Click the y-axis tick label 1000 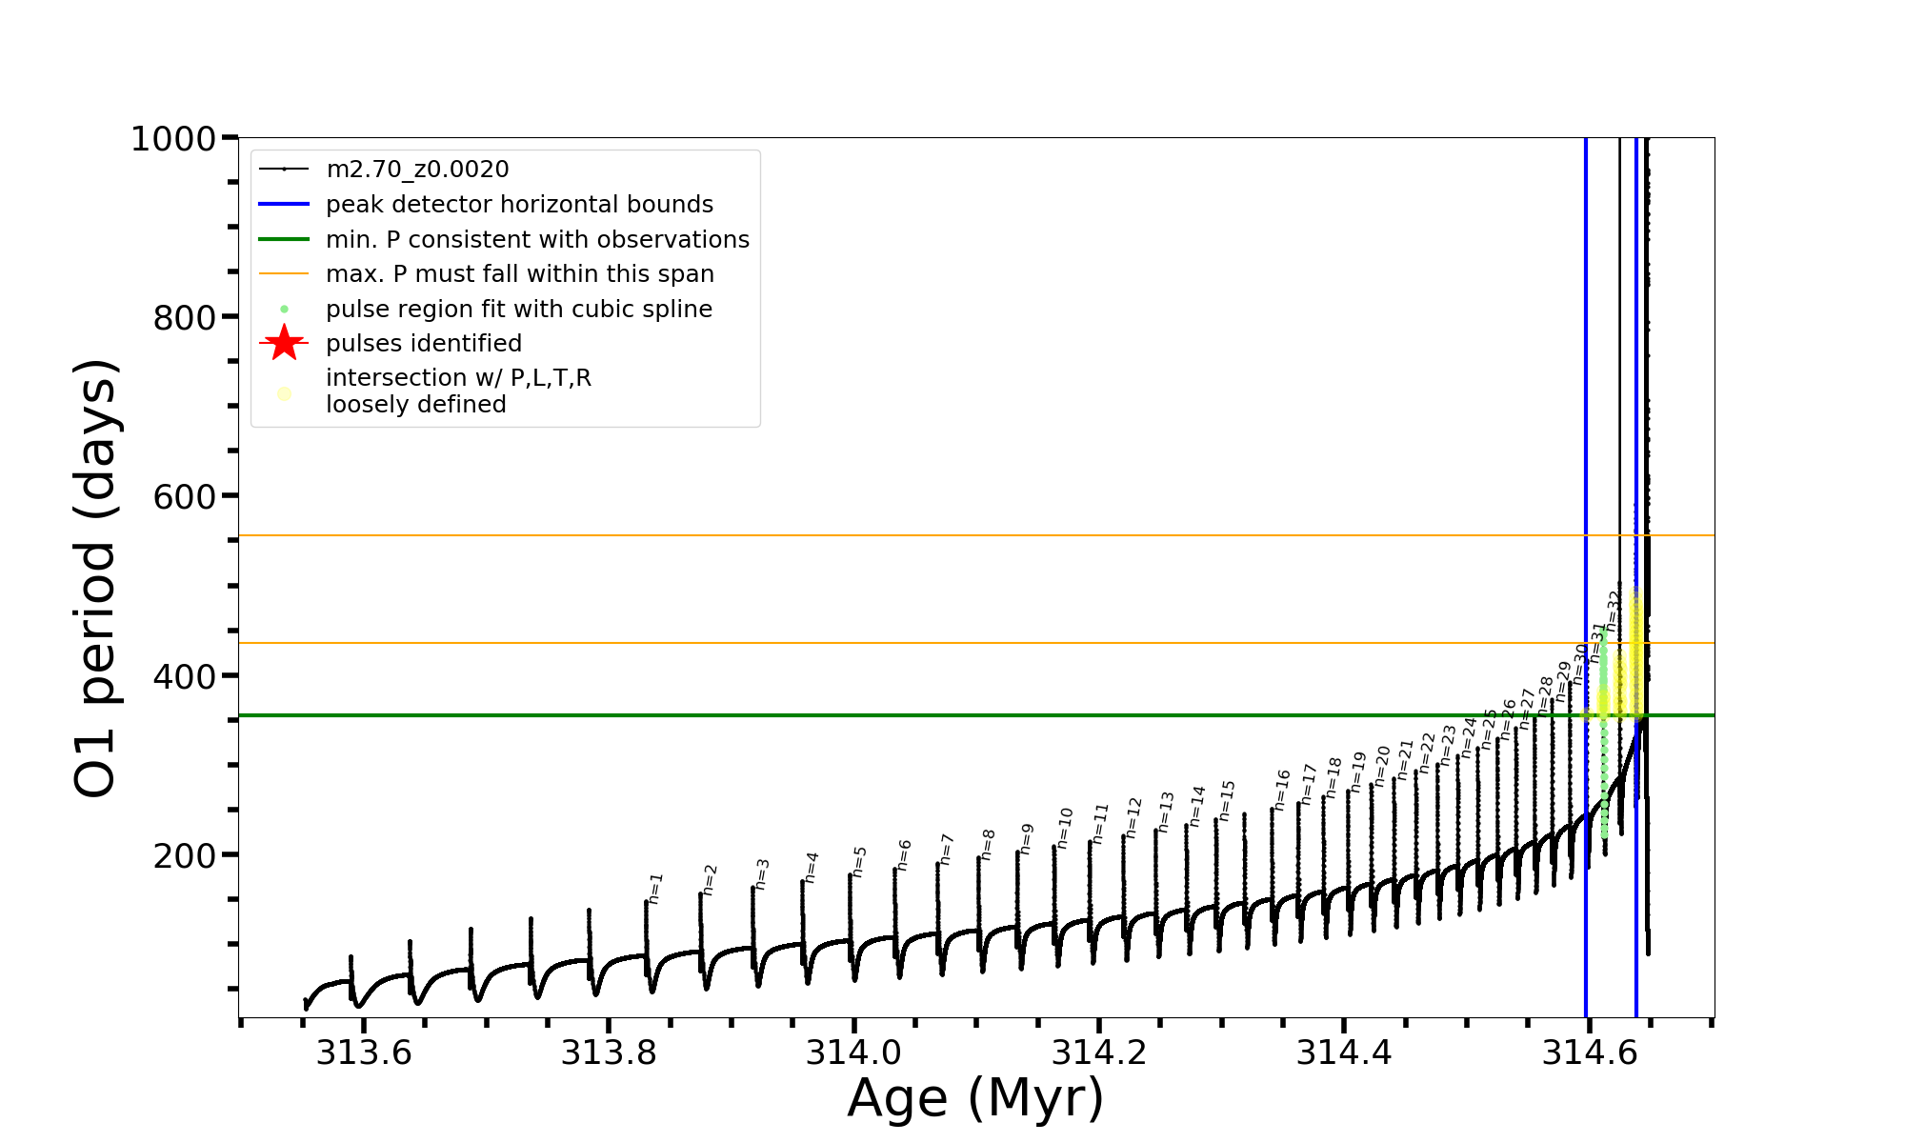(x=172, y=140)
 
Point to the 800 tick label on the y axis (x=185, y=318)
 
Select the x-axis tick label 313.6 (x=364, y=1053)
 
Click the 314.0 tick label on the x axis (x=854, y=1053)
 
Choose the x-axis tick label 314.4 (x=1344, y=1053)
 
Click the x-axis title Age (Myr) (x=975, y=1098)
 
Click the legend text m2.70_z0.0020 (x=417, y=170)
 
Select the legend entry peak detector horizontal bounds (x=519, y=205)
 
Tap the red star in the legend (x=284, y=343)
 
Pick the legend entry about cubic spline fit (x=518, y=310)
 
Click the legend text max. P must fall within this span (x=519, y=274)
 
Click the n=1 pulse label (x=655, y=889)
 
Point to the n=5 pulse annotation (x=859, y=861)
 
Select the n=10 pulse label (x=1065, y=828)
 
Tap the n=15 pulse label (x=1227, y=800)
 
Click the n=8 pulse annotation (x=989, y=845)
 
